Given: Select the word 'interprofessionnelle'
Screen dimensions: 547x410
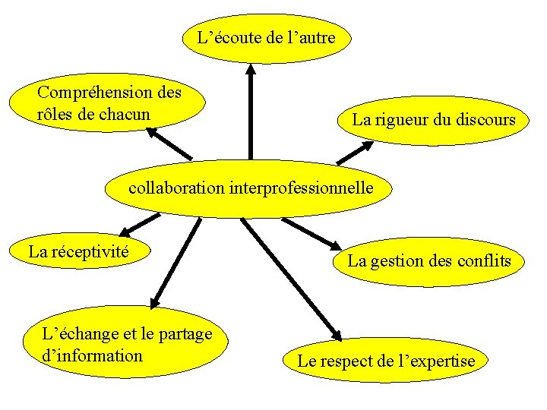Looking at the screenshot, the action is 301,188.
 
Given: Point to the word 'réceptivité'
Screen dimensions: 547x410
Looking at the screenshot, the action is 89,251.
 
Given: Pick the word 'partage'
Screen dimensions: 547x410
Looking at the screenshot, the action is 184,333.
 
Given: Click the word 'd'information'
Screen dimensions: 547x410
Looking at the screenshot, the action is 92,355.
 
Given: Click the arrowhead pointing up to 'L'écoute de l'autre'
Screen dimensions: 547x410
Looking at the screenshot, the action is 251,70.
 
